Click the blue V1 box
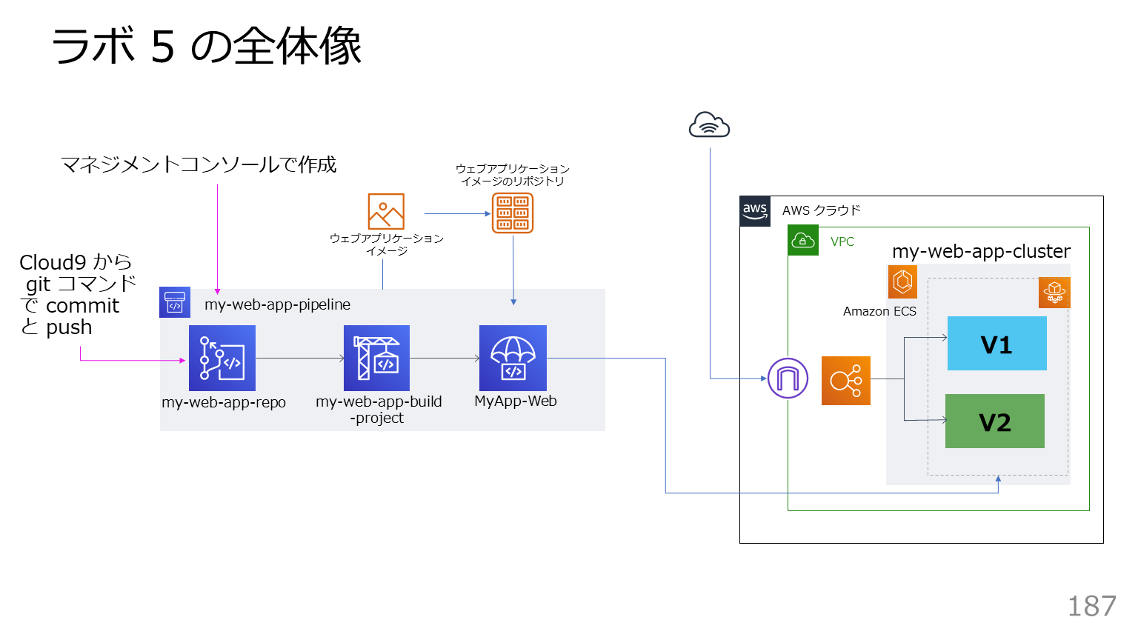tap(996, 344)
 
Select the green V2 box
tap(994, 421)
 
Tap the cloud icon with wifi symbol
tap(709, 125)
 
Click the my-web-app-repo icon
tap(222, 359)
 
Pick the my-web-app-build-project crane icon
tap(376, 359)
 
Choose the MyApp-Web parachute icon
tap(513, 359)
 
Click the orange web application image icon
tap(386, 212)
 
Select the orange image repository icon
tap(513, 213)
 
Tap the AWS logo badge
tap(755, 211)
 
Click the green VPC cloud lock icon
tap(803, 241)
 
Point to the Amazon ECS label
tap(879, 312)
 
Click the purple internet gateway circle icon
tap(788, 379)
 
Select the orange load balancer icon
tap(846, 381)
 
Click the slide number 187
tap(1091, 607)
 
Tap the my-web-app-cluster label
tap(981, 252)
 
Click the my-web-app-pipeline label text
tap(277, 304)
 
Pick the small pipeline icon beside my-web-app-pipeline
tap(175, 302)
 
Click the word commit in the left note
tap(82, 306)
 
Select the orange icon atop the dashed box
tap(1054, 293)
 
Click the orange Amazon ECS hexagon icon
tap(902, 281)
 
